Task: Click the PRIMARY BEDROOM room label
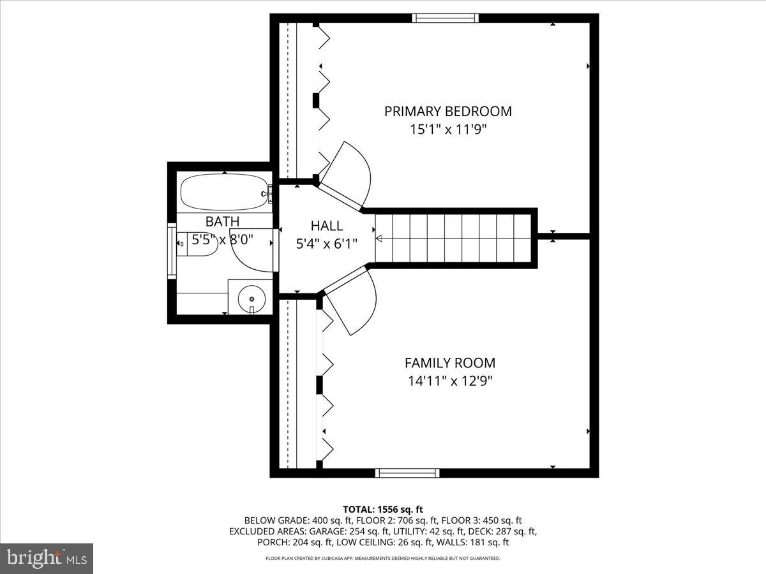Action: [447, 111]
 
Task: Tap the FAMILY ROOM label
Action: [449, 363]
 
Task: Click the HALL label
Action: [326, 225]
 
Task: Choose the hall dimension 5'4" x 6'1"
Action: [326, 243]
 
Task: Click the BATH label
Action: [222, 221]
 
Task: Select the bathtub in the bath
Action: [223, 192]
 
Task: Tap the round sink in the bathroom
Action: [250, 298]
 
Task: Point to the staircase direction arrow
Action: [379, 239]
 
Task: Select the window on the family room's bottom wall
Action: [407, 473]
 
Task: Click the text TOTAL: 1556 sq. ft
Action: [383, 509]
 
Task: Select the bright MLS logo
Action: [47, 558]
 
